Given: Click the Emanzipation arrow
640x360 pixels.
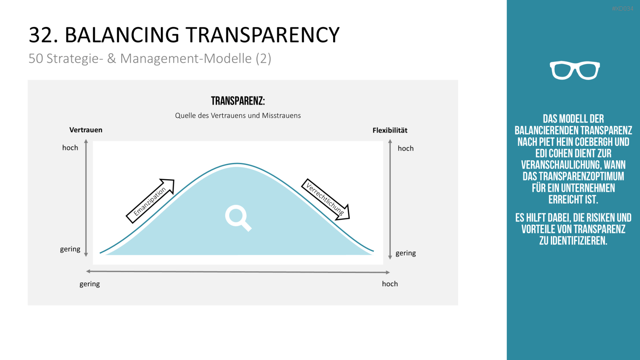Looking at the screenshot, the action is click(150, 201).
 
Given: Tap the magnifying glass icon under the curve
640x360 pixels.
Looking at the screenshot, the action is click(238, 218).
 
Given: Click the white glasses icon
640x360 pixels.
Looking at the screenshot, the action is click(575, 70).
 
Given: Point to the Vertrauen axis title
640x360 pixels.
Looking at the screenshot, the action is click(86, 130).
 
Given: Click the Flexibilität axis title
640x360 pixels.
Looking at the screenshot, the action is click(390, 130).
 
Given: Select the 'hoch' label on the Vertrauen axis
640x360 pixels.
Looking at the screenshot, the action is click(70, 148).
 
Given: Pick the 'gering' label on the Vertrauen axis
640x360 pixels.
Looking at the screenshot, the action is click(70, 249).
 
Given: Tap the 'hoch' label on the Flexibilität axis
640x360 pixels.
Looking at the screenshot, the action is click(405, 148).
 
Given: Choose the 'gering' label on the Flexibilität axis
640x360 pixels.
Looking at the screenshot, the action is click(405, 253).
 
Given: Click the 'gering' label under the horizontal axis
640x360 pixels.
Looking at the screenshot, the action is click(90, 284).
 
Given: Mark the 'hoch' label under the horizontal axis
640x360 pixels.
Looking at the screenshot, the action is click(390, 284).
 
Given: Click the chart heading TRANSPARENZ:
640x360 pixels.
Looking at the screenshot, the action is click(238, 101).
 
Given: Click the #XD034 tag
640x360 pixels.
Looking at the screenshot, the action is click(623, 9).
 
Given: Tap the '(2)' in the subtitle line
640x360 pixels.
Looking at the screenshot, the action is click(263, 58).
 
